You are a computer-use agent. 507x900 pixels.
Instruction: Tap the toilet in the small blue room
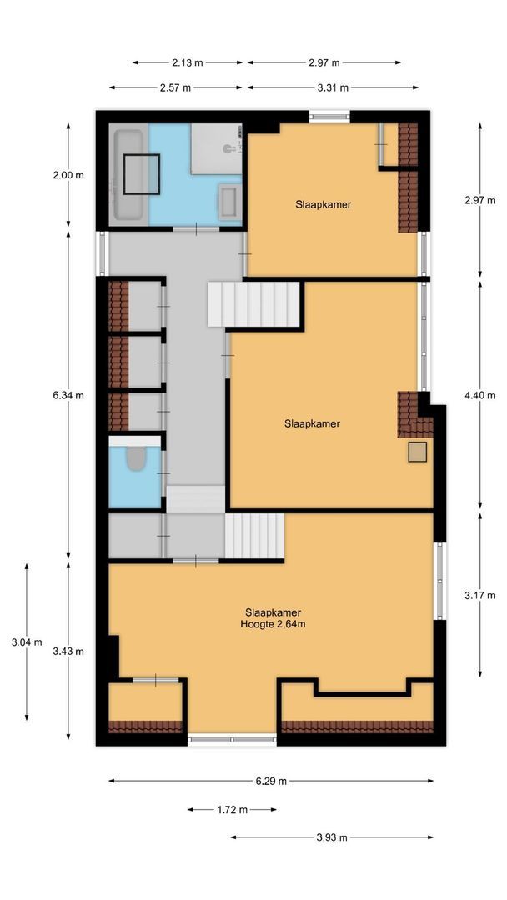click(x=135, y=461)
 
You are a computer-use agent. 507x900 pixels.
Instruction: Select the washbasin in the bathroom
click(x=228, y=201)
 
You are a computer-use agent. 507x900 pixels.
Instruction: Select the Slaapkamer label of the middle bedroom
click(x=312, y=423)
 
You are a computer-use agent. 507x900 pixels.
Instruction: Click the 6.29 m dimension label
click(x=271, y=782)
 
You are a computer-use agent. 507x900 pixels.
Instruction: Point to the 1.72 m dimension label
click(x=232, y=810)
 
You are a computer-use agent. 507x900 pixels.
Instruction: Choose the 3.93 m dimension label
click(x=331, y=837)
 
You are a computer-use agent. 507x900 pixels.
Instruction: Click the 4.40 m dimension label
click(x=479, y=395)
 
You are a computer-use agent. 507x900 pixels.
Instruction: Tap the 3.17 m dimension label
click(x=479, y=595)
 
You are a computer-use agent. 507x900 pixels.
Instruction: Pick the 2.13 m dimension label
click(x=188, y=62)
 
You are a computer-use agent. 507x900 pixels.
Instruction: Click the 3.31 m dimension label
click(x=332, y=87)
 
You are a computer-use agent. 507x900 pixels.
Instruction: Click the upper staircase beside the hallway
click(x=254, y=304)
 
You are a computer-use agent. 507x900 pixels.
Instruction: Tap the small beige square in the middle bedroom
click(x=417, y=452)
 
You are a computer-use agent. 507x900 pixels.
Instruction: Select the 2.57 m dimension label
click(x=175, y=87)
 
